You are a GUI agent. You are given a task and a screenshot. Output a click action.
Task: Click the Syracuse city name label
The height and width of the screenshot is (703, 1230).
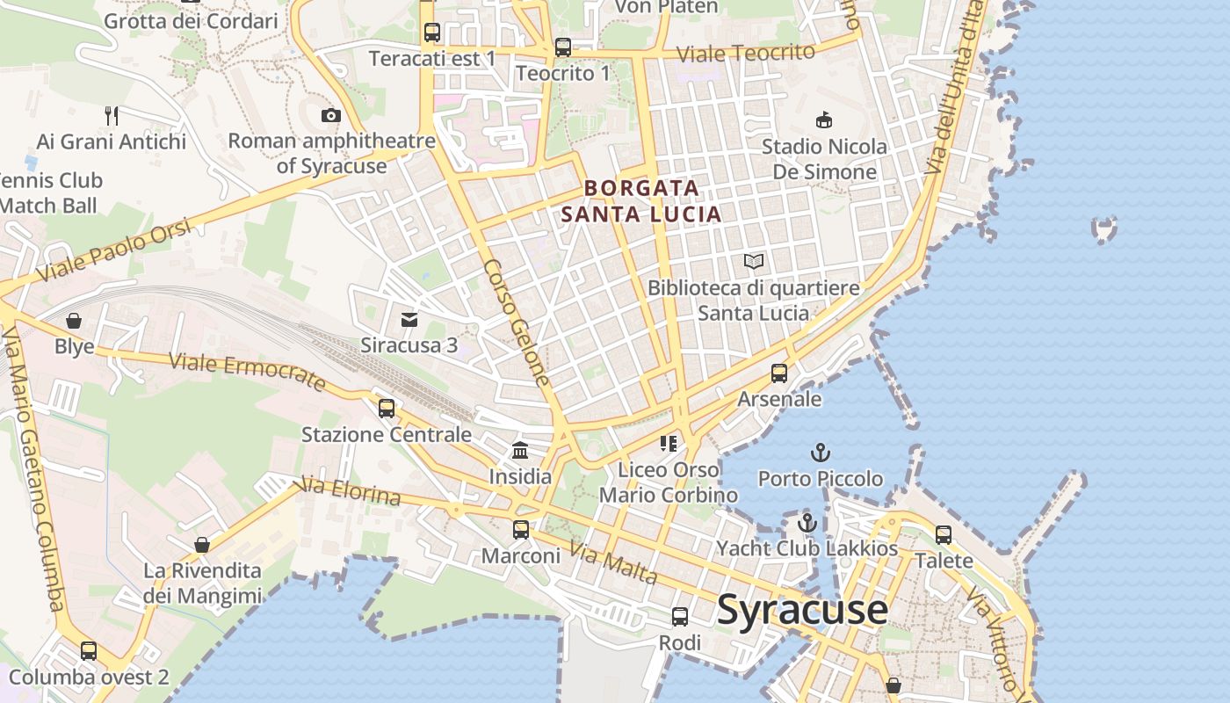(802, 609)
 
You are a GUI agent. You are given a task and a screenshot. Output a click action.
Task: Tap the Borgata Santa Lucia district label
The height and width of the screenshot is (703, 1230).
(641, 200)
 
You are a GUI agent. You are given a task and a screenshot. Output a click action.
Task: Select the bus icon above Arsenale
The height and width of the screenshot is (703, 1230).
(778, 373)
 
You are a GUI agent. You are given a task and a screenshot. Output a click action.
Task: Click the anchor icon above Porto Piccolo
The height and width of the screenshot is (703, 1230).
(820, 453)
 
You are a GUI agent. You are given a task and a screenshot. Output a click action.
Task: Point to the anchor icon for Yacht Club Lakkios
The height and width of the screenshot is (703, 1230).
(807, 523)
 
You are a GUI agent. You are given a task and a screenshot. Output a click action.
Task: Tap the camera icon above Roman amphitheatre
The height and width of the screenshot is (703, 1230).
(330, 115)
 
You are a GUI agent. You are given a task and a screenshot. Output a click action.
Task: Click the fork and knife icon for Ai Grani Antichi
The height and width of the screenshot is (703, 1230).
(112, 115)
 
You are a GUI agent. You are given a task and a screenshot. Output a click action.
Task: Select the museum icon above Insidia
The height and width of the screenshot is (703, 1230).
(520, 451)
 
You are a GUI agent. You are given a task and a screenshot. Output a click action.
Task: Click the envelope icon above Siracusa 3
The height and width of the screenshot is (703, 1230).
(409, 319)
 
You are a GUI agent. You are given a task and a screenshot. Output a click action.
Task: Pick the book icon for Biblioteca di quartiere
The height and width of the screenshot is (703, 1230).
(754, 261)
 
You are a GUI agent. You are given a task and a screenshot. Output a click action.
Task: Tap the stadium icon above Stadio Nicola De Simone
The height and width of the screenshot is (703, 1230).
(824, 120)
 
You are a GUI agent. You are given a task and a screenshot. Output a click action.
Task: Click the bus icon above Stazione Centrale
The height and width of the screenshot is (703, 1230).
(387, 409)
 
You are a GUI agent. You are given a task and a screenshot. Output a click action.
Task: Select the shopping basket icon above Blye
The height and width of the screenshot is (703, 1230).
(74, 321)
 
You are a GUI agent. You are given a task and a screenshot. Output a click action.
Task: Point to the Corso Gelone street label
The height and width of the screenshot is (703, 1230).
(517, 323)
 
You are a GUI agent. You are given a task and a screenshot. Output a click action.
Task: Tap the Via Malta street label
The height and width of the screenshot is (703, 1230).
(612, 563)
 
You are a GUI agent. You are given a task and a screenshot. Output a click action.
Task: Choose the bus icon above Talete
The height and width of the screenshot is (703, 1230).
(944, 534)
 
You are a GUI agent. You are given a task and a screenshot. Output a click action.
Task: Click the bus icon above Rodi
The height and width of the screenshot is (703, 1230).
(680, 617)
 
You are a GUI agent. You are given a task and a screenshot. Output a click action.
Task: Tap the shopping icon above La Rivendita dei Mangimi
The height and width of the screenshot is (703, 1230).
(202, 545)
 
